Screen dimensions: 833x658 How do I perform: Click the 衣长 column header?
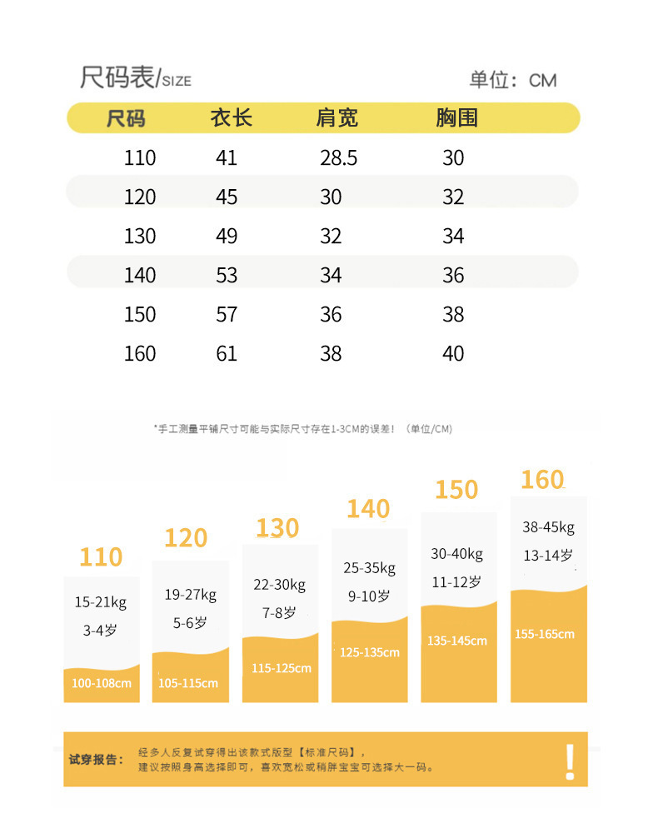pos(231,118)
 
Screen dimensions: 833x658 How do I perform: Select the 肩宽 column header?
pos(336,118)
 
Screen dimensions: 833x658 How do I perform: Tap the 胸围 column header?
pos(456,118)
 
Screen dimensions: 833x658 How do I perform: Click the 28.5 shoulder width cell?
pos(338,158)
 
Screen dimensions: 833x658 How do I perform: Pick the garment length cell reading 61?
pos(227,354)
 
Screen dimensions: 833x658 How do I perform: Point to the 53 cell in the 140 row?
pos(227,276)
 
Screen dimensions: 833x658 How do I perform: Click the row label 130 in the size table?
pos(140,237)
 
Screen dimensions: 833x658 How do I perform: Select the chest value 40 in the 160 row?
pos(453,354)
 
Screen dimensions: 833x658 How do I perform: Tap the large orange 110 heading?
pos(101,557)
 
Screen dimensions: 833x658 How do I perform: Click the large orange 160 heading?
pos(542,481)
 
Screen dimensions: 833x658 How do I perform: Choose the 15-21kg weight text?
pos(101,602)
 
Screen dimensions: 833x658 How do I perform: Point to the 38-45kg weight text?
pos(548,527)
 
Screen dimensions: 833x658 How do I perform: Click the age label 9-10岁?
pos(369,596)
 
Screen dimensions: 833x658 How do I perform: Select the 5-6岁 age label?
pos(190,622)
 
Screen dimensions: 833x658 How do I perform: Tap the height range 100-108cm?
pos(102,684)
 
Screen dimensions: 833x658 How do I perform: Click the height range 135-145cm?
pos(457,641)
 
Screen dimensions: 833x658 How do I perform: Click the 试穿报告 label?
pos(96,760)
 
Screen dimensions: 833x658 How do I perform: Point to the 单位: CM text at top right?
pos(512,80)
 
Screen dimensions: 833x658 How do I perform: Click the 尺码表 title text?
pos(117,77)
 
